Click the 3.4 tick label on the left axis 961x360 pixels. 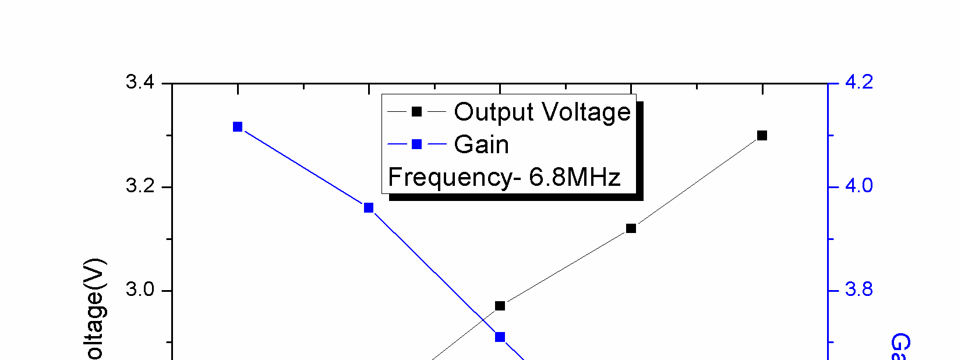pyautogui.click(x=140, y=82)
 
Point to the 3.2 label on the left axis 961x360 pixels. pyautogui.click(x=140, y=186)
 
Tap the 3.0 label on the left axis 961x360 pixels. pyautogui.click(x=140, y=290)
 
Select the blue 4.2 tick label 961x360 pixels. pyautogui.click(x=858, y=82)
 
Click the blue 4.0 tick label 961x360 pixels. pyautogui.click(x=858, y=186)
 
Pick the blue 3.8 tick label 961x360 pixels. pyautogui.click(x=858, y=290)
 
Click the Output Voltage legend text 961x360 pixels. pyautogui.click(x=542, y=112)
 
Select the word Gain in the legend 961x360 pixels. pyautogui.click(x=481, y=144)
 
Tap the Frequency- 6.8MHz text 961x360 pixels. pyautogui.click(x=504, y=177)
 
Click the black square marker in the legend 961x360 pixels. pyautogui.click(x=416, y=112)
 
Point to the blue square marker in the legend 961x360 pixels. pyautogui.click(x=416, y=144)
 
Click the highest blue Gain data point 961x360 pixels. pyautogui.click(x=238, y=127)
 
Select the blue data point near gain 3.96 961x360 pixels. pyautogui.click(x=369, y=208)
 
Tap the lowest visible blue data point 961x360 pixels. pyautogui.click(x=500, y=337)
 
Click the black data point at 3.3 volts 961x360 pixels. pyautogui.click(x=762, y=136)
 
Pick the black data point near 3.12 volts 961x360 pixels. pyautogui.click(x=631, y=228)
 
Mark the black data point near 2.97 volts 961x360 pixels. pyautogui.click(x=500, y=306)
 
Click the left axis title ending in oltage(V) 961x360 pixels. pyautogui.click(x=95, y=309)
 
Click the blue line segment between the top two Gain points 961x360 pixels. pyautogui.click(x=303, y=167)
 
